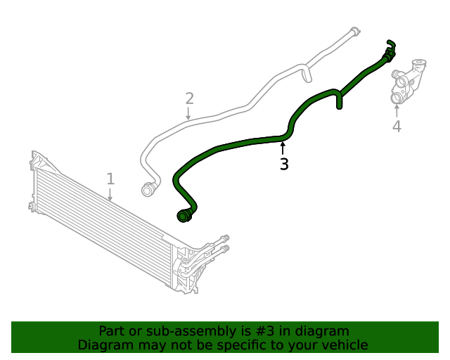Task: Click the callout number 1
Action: pyautogui.click(x=110, y=179)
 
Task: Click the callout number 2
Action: pyautogui.click(x=189, y=98)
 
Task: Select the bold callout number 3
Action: pyautogui.click(x=284, y=165)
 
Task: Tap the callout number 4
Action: pyautogui.click(x=397, y=127)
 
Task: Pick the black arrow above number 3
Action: pyautogui.click(x=283, y=148)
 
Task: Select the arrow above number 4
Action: pyautogui.click(x=397, y=110)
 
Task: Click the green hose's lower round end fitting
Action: pyautogui.click(x=185, y=216)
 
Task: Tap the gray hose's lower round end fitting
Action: pyautogui.click(x=148, y=189)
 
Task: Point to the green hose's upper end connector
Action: pyautogui.click(x=389, y=49)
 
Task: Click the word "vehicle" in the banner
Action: pyautogui.click(x=344, y=345)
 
